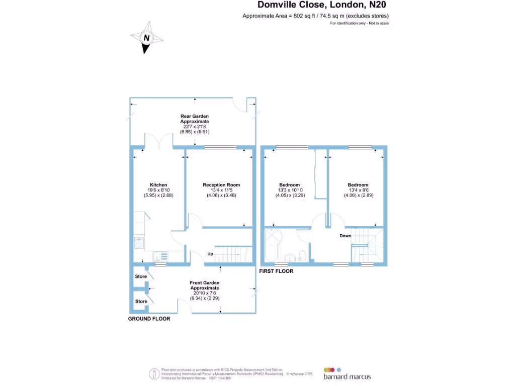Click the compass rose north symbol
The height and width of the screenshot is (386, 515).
tap(146, 38)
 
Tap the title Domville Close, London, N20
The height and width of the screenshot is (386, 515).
tap(322, 5)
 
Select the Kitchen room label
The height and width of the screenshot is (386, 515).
tap(158, 185)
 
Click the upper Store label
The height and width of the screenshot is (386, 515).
tap(141, 276)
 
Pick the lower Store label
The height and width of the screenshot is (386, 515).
tap(141, 302)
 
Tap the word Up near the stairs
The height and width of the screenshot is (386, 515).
tap(210, 254)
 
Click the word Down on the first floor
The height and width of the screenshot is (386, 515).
tap(346, 236)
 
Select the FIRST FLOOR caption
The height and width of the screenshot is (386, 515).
tap(276, 271)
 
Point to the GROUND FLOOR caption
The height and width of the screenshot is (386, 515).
tap(149, 319)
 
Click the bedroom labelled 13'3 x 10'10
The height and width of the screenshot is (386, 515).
tap(290, 185)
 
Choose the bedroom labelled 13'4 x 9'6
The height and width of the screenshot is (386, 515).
tap(358, 185)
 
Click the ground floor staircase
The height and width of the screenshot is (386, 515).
tap(232, 254)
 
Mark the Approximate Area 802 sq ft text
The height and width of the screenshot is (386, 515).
tap(315, 16)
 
